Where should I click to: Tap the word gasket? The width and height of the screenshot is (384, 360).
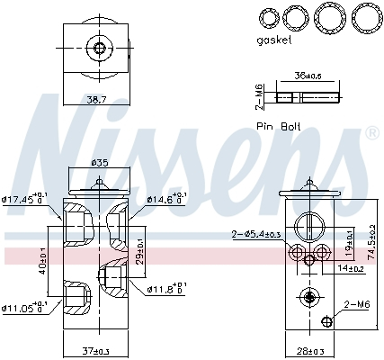coord(276,40)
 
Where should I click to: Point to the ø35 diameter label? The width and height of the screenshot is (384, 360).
coord(100,164)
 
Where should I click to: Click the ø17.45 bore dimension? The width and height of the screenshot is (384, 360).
coord(25,200)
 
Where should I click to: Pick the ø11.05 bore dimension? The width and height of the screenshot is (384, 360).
coord(25,309)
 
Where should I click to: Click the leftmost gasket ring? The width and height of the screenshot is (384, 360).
coord(267,17)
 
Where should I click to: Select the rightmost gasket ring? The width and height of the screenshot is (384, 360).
coord(364,17)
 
